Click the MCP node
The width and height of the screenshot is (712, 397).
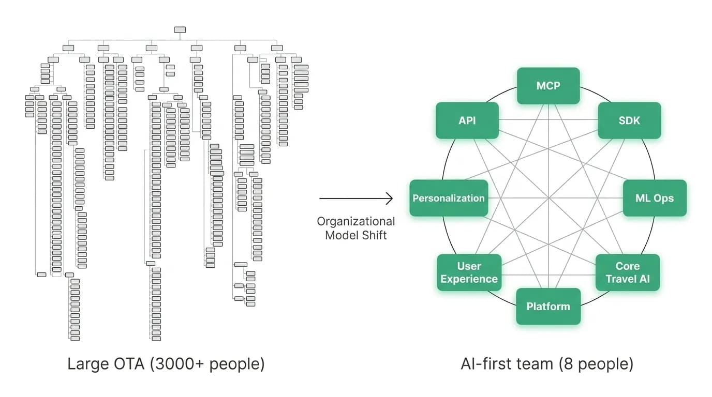point(548,86)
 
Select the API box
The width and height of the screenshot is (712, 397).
point(467,120)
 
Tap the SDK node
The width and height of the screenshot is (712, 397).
point(629,120)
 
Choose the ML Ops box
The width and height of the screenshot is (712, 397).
point(655,198)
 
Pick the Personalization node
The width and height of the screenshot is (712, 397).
point(449,198)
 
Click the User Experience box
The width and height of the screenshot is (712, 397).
point(469,272)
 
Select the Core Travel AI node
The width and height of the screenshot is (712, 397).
point(628,272)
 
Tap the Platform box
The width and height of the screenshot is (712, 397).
point(548,307)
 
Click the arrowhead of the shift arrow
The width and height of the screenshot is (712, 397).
point(390,198)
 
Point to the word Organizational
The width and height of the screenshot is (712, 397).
point(355,221)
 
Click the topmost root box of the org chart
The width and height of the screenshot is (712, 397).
point(180,30)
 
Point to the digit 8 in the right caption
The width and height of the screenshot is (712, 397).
point(569,364)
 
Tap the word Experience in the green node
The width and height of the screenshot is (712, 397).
point(469,279)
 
